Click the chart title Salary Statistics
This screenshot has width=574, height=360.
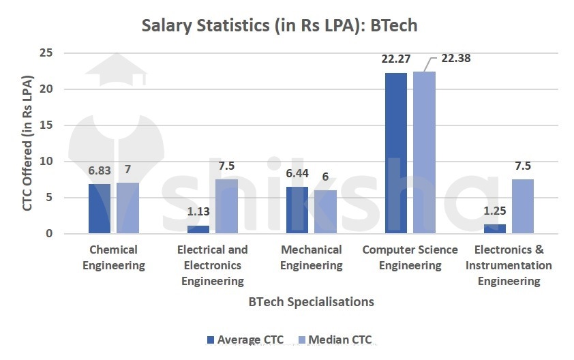click(x=279, y=25)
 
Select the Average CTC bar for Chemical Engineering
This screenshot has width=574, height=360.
click(x=100, y=209)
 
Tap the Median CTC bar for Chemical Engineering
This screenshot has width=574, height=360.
click(x=127, y=209)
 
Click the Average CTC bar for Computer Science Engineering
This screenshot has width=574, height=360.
click(x=396, y=153)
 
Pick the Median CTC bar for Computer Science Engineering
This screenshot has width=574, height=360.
click(x=424, y=153)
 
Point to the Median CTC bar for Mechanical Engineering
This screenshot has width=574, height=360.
click(x=325, y=212)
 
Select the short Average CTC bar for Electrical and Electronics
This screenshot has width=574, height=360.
click(x=198, y=230)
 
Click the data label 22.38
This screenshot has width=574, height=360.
click(x=455, y=58)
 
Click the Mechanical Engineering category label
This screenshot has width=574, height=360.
click(x=311, y=257)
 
